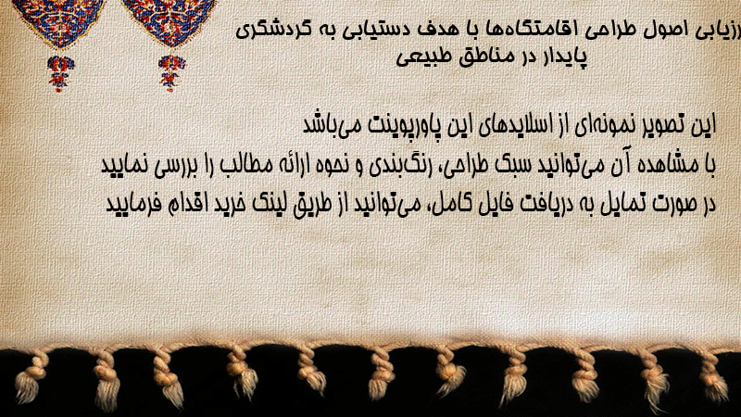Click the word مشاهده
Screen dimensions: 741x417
668,164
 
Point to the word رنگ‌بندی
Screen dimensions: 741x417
410,165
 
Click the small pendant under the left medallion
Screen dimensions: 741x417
60,73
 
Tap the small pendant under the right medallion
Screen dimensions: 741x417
171,72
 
